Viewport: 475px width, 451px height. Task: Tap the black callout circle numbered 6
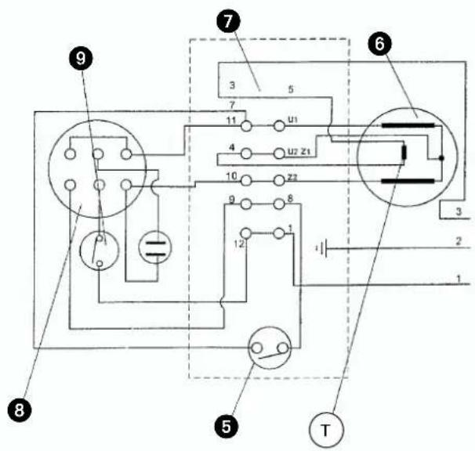click(380, 45)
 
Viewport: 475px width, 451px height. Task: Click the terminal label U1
click(292, 120)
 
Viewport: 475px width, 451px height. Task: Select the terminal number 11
click(231, 121)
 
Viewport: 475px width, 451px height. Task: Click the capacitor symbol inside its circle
click(155, 249)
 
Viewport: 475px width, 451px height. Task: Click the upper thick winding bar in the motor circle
click(408, 125)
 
